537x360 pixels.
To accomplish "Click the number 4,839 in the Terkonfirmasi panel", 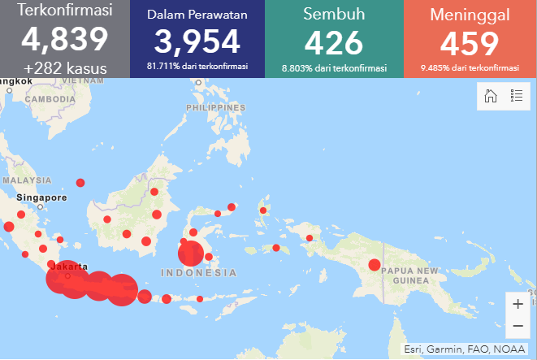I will pos(65,40).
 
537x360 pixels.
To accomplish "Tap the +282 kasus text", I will pos(65,68).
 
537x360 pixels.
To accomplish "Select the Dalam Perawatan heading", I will pos(197,15).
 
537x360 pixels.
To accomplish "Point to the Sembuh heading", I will pos(334,15).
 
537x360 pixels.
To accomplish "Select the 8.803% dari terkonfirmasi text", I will pos(334,68).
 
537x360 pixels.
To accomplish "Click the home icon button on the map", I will pos(491,96).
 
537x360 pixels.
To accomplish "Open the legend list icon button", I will pos(516,96).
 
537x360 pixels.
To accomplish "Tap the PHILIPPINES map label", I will pos(215,107).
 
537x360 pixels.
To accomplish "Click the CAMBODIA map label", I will pos(49,98).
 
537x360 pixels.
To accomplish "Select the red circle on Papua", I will pos(374,264).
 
